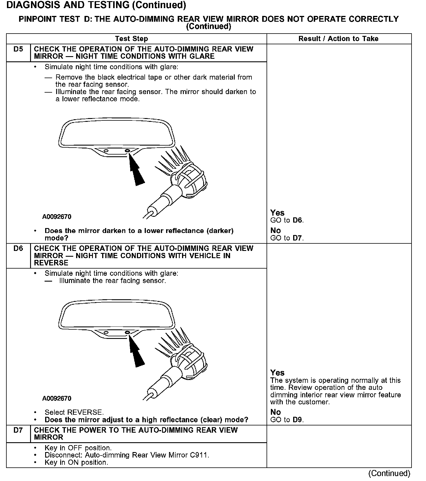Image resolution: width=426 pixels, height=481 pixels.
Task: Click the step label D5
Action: pyautogui.click(x=18, y=49)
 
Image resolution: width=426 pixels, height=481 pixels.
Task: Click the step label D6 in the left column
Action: pyautogui.click(x=18, y=248)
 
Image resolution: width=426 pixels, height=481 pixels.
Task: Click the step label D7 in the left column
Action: pyautogui.click(x=18, y=430)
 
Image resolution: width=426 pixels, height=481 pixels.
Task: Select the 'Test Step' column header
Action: pyautogui.click(x=131, y=39)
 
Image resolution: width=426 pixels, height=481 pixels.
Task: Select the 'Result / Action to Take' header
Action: pyautogui.click(x=338, y=39)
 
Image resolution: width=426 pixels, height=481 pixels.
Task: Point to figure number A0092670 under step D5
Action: pyautogui.click(x=57, y=217)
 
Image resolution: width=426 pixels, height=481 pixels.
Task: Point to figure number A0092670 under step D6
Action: pyautogui.click(x=57, y=399)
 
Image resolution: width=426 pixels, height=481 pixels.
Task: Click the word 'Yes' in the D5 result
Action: pyautogui.click(x=277, y=213)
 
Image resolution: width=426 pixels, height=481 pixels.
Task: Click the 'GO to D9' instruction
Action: pyautogui.click(x=287, y=420)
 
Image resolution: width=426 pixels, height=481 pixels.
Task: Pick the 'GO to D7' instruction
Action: pyautogui.click(x=287, y=238)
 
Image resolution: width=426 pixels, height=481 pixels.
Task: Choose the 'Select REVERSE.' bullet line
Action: pyautogui.click(x=74, y=412)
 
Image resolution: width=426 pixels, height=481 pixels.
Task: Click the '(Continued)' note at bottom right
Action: pyautogui.click(x=389, y=473)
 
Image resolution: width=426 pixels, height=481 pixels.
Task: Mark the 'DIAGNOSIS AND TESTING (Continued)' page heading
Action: pyautogui.click(x=96, y=5)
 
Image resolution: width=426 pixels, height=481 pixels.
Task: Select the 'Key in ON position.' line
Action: pyautogui.click(x=76, y=462)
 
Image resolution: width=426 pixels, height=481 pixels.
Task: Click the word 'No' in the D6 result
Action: pyautogui.click(x=276, y=412)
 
